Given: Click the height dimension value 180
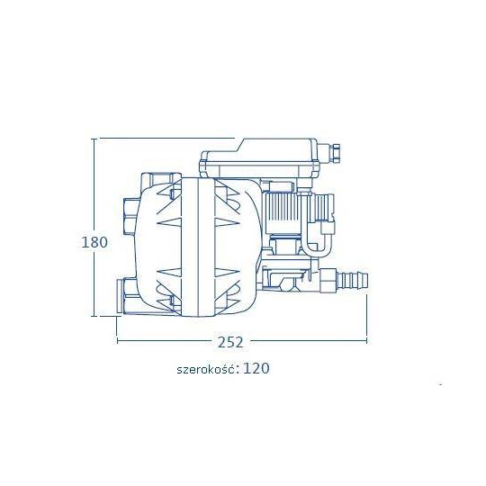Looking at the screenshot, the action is pyautogui.click(x=94, y=242).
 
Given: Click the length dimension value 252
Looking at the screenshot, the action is pyautogui.click(x=230, y=342).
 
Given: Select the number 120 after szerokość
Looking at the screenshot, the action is pyautogui.click(x=256, y=368).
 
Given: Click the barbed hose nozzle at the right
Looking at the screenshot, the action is pyautogui.click(x=354, y=280).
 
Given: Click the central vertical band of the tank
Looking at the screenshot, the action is pyautogui.click(x=198, y=247).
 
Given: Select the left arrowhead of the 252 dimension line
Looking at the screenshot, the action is pyautogui.click(x=118, y=341).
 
